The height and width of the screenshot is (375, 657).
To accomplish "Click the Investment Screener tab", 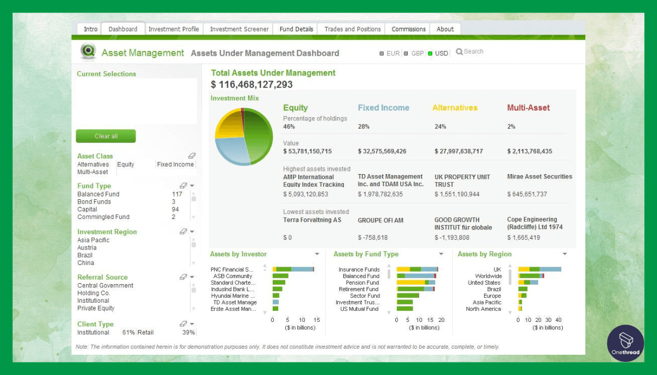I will coord(239,29).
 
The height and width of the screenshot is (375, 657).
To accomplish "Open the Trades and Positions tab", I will coord(352,29).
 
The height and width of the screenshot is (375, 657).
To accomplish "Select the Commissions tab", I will coord(408,29).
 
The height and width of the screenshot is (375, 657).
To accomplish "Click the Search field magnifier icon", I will coord(459,51).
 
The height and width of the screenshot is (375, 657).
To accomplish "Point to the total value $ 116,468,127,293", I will coord(252,84).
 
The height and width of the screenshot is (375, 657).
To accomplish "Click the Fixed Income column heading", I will coord(383,108).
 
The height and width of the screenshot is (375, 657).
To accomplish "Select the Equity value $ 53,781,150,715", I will coord(307,151).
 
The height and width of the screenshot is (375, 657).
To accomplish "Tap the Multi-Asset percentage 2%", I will coord(511,126).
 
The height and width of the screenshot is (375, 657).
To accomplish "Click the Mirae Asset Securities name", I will coord(539,177).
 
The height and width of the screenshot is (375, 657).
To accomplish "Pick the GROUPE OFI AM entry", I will coord(381,220).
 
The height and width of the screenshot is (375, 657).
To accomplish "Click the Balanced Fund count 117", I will coord(177,194).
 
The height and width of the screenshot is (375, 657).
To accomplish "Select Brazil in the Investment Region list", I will coord(85,255).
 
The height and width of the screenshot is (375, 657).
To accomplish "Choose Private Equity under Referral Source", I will coord(96,308).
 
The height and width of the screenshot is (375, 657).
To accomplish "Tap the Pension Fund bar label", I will coord(362,282).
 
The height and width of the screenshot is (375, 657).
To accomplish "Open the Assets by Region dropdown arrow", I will coord(565,254).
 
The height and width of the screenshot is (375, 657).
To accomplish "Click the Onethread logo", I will coord(625,343).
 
